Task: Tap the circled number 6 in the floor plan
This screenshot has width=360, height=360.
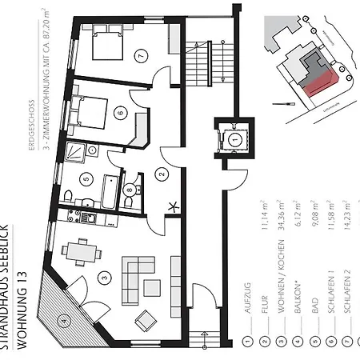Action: [122, 114]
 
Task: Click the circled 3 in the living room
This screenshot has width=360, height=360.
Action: [103, 278]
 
